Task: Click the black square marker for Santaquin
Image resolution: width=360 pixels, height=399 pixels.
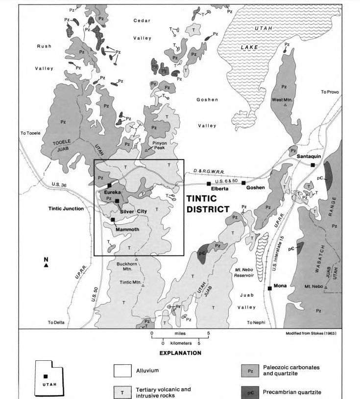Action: point(313,165)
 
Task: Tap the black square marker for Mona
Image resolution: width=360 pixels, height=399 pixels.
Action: point(269,288)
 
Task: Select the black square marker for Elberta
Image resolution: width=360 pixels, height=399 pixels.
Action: point(209,184)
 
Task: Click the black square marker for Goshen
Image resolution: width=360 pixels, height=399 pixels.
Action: point(243,183)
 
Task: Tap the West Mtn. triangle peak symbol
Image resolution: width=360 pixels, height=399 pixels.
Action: point(285,105)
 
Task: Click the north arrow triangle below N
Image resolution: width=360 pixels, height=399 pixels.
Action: point(46,265)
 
